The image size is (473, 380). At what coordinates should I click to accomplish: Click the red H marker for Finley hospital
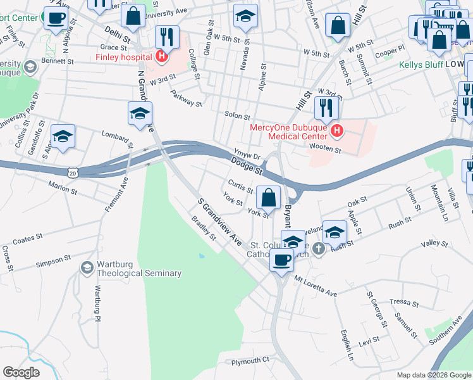(162, 57)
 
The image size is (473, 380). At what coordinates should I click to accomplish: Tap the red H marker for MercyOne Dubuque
(336, 131)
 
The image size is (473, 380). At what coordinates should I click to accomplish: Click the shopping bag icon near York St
(269, 198)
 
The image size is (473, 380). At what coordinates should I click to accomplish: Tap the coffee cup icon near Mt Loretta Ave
(281, 260)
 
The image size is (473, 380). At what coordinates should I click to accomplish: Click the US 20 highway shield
(73, 172)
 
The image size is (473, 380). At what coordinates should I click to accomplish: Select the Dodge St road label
(247, 166)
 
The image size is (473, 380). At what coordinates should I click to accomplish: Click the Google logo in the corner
(21, 372)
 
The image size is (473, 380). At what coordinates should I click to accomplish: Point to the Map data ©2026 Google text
(434, 375)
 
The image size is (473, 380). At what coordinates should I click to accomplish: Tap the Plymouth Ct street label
(250, 360)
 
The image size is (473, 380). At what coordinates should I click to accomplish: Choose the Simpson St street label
(53, 260)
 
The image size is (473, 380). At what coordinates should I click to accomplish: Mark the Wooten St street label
(325, 150)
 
